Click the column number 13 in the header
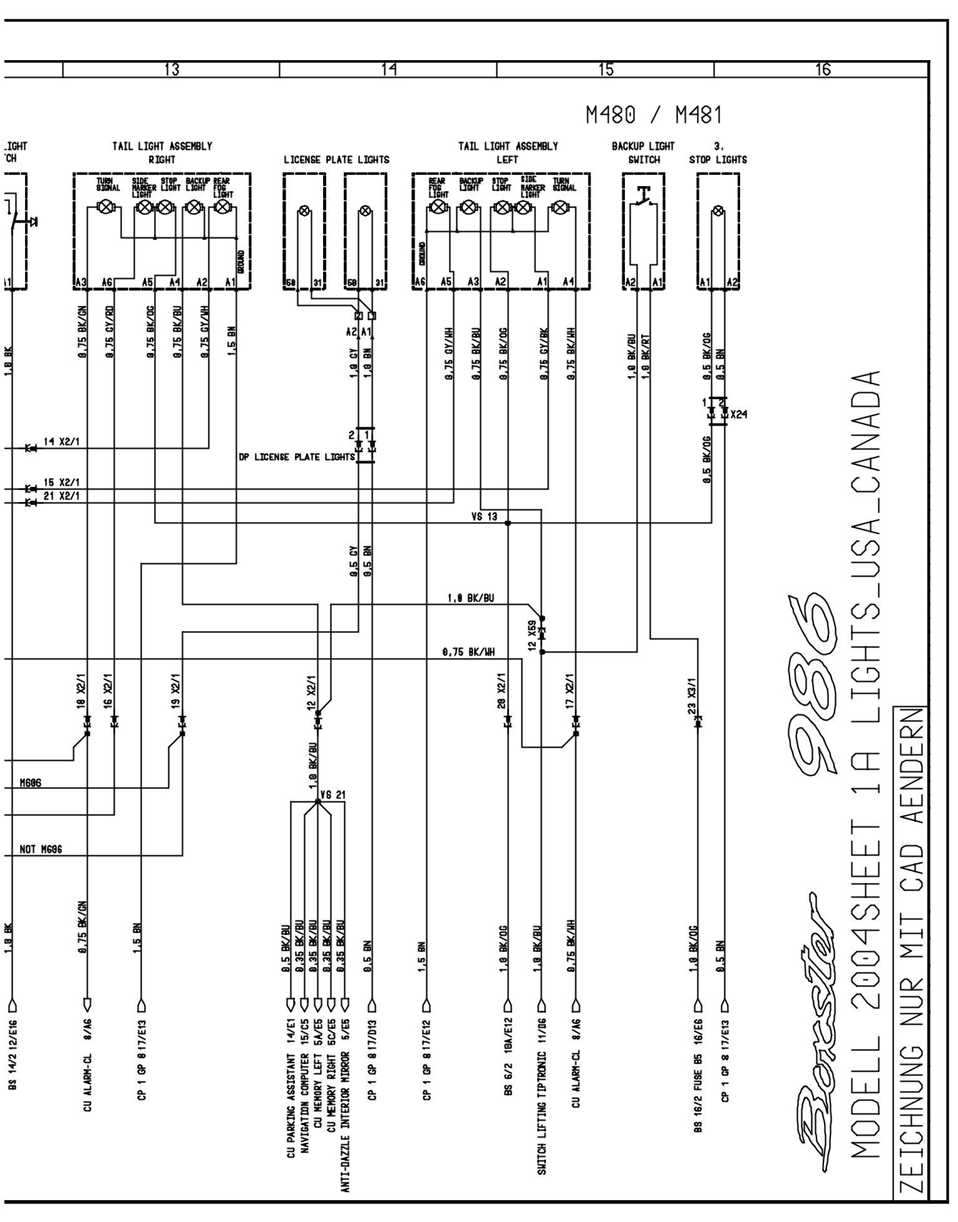tap(171, 70)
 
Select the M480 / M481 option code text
tap(654, 115)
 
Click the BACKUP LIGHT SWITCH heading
tap(644, 152)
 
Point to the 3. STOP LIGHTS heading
tap(718, 152)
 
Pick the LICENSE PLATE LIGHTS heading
tap(336, 159)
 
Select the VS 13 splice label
tap(484, 517)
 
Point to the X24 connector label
tap(739, 414)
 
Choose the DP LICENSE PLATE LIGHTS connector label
tap(297, 457)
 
